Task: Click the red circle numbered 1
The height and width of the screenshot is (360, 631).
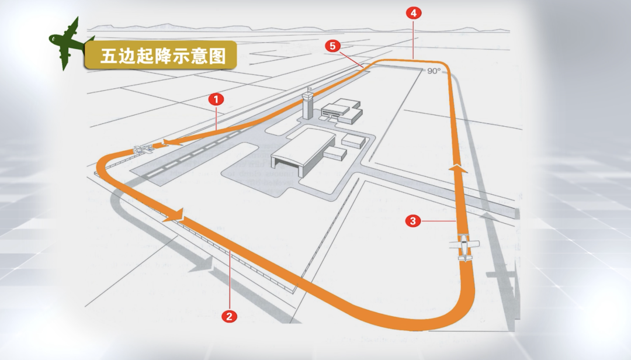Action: (x=216, y=99)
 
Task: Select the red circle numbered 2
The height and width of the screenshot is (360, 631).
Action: (x=229, y=317)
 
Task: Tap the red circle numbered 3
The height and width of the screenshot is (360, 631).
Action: (x=413, y=221)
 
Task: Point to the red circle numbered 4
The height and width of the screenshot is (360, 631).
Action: (x=414, y=13)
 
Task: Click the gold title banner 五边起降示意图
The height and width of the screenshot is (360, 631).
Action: (x=161, y=56)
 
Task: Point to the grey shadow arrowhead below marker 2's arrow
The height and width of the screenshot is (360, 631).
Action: (x=201, y=264)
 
